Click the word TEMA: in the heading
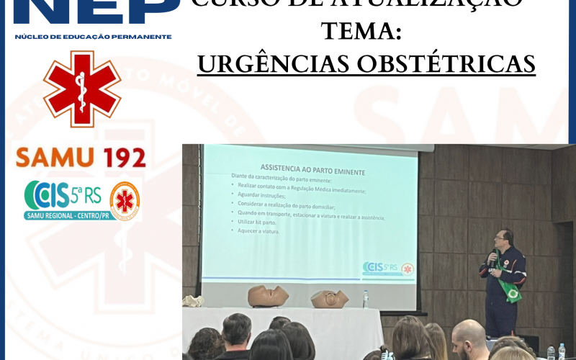click(361, 32)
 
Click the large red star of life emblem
click(82, 89)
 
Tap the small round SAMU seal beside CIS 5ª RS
click(125, 199)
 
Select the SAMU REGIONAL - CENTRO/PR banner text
click(68, 215)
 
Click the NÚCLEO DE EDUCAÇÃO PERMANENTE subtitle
click(93, 36)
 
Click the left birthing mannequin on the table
click(268, 296)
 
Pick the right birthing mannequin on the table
click(330, 298)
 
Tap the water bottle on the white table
click(366, 299)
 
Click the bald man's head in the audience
click(469, 334)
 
